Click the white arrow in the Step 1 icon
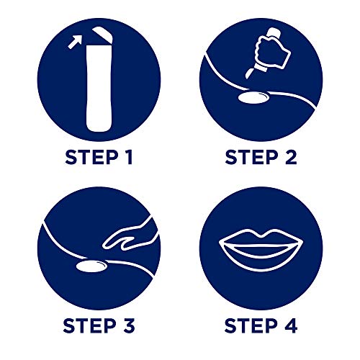pyautogui.click(x=74, y=42)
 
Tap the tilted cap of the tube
pyautogui.click(x=103, y=35)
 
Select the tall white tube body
pyautogui.click(x=99, y=88)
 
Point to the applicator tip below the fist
pyautogui.click(x=249, y=73)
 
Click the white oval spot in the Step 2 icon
pyautogui.click(x=253, y=98)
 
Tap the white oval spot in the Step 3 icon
pyautogui.click(x=91, y=266)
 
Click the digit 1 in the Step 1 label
pyautogui.click(x=128, y=157)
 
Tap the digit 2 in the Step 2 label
pyautogui.click(x=291, y=157)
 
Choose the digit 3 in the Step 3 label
pyautogui.click(x=128, y=325)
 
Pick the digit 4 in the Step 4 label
pyautogui.click(x=290, y=325)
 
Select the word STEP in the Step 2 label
pyautogui.click(x=252, y=157)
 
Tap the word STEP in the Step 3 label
pyautogui.click(x=90, y=325)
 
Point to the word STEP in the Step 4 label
pyautogui.click(x=251, y=325)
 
